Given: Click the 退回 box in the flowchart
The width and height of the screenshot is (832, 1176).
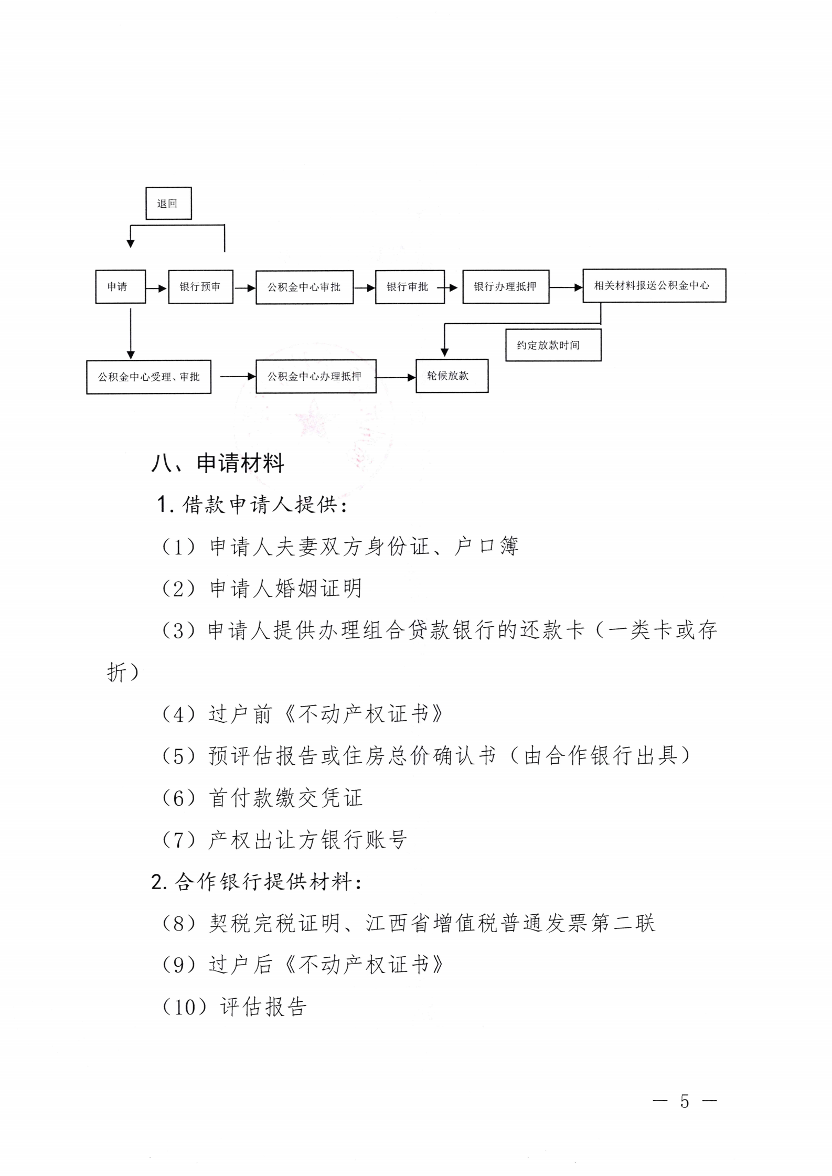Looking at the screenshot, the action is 168,203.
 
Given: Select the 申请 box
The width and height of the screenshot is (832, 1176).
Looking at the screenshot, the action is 120,286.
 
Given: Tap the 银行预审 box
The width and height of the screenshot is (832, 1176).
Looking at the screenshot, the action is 200,287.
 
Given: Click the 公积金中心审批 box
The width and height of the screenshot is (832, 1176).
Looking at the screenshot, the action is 304,287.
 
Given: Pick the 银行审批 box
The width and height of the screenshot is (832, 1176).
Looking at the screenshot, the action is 410,287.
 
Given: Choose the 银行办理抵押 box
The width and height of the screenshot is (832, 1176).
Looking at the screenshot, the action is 506,286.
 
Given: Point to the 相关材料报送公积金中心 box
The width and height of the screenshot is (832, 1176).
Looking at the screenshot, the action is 654,285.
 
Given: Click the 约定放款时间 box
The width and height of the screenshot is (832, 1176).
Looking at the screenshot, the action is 553,345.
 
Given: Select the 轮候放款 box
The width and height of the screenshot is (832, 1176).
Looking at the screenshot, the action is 452,376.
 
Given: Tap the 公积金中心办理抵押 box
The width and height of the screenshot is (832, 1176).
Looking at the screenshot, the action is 316,376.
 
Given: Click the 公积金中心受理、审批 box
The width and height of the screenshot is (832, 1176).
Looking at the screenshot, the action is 148,377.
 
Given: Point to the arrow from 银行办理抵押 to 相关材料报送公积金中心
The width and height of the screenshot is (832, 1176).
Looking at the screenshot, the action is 566,287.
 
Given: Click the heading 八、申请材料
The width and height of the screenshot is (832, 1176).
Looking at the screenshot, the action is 218,463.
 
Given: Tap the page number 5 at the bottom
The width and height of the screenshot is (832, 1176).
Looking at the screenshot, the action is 685,1101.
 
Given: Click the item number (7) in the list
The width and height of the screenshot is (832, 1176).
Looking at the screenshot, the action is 179,840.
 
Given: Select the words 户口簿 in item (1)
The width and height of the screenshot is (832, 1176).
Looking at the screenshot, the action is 486,547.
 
